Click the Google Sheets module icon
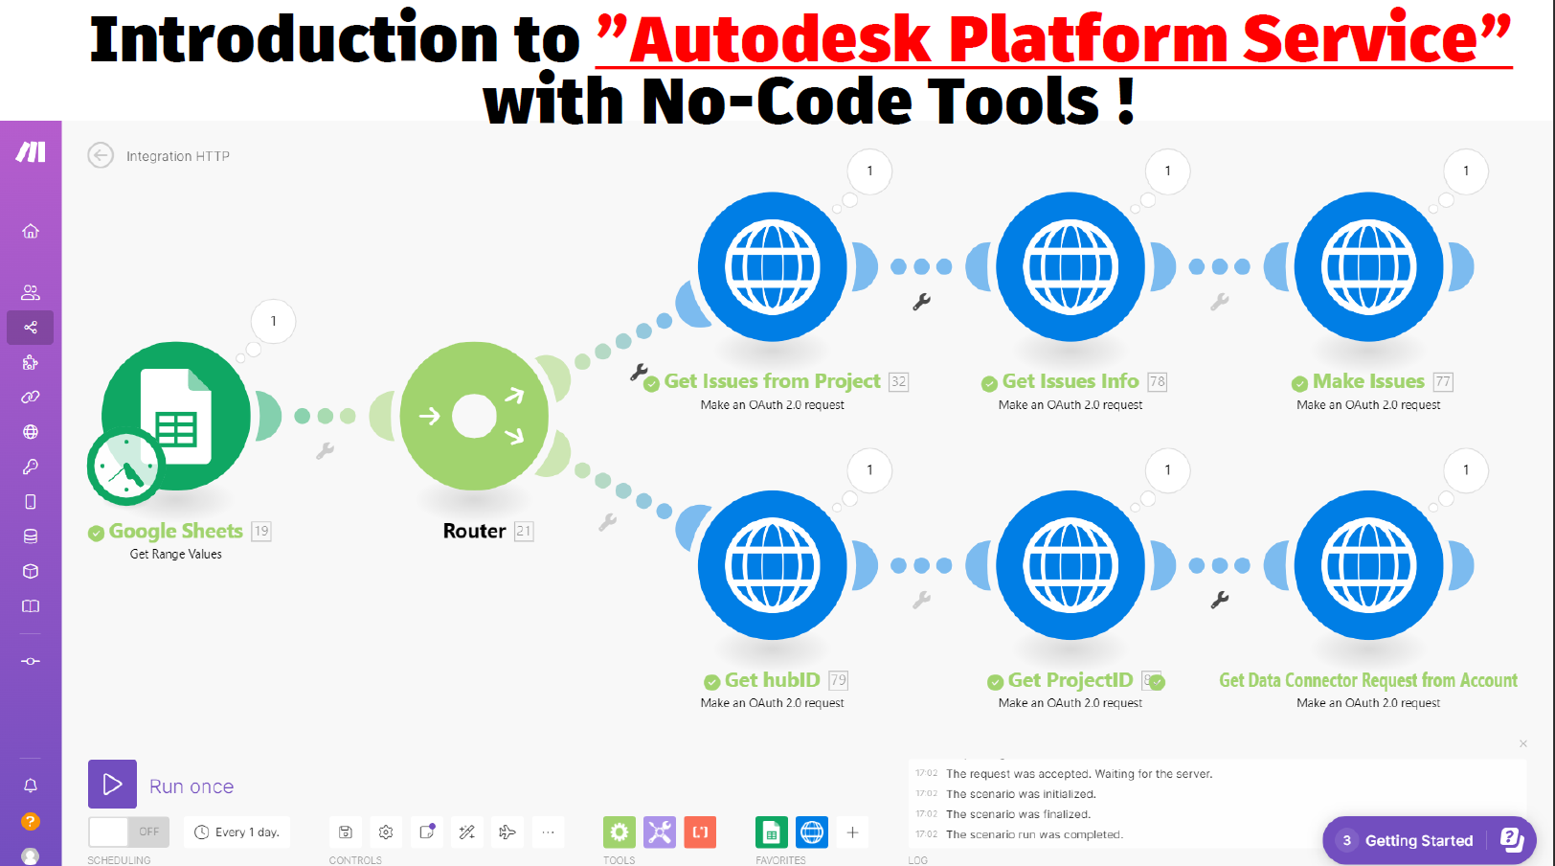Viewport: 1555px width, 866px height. click(177, 415)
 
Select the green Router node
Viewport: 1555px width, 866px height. click(474, 417)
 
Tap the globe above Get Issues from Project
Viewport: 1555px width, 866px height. click(773, 267)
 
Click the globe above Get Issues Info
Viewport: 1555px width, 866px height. click(1070, 267)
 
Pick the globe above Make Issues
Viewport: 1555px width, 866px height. click(1368, 267)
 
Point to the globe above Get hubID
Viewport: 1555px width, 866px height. click(773, 565)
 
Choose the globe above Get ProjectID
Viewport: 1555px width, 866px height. click(1070, 565)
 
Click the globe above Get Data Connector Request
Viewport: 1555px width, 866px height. click(1368, 565)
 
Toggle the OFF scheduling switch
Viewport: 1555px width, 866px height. click(129, 832)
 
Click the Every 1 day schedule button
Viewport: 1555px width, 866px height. click(237, 832)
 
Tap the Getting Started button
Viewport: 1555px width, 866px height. click(1418, 840)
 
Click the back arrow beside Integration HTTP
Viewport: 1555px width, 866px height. click(101, 155)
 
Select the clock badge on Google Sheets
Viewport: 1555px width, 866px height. click(124, 467)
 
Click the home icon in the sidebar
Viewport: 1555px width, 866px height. click(31, 231)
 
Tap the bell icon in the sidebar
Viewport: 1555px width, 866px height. click(31, 786)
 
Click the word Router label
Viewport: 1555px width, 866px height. click(474, 531)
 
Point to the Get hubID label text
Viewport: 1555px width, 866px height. click(772, 680)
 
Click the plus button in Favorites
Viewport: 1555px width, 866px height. click(852, 832)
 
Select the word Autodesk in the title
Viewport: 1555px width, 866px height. click(779, 40)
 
